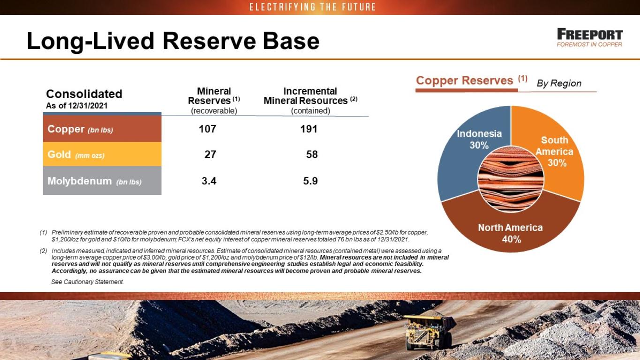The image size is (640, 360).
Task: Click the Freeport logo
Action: coord(590,37)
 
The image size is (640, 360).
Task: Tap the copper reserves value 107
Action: coord(207,129)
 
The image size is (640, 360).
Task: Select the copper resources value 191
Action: coord(309,129)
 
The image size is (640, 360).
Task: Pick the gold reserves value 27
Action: coord(210,155)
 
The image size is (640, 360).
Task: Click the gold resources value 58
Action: coord(312,155)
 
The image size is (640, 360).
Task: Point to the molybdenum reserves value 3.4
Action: coord(209,181)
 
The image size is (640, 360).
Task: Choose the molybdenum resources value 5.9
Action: coord(310,181)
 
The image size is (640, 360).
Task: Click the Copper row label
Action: coord(102,128)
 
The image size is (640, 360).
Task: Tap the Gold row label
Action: coord(102,154)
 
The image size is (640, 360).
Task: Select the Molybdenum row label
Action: coord(102,180)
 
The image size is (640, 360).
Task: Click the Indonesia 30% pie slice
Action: coord(463,154)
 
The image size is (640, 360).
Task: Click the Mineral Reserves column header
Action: coord(214,101)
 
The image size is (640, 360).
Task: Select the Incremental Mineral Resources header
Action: coord(310,101)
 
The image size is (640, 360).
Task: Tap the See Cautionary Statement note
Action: coord(87,282)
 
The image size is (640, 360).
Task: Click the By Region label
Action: coord(559,83)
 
